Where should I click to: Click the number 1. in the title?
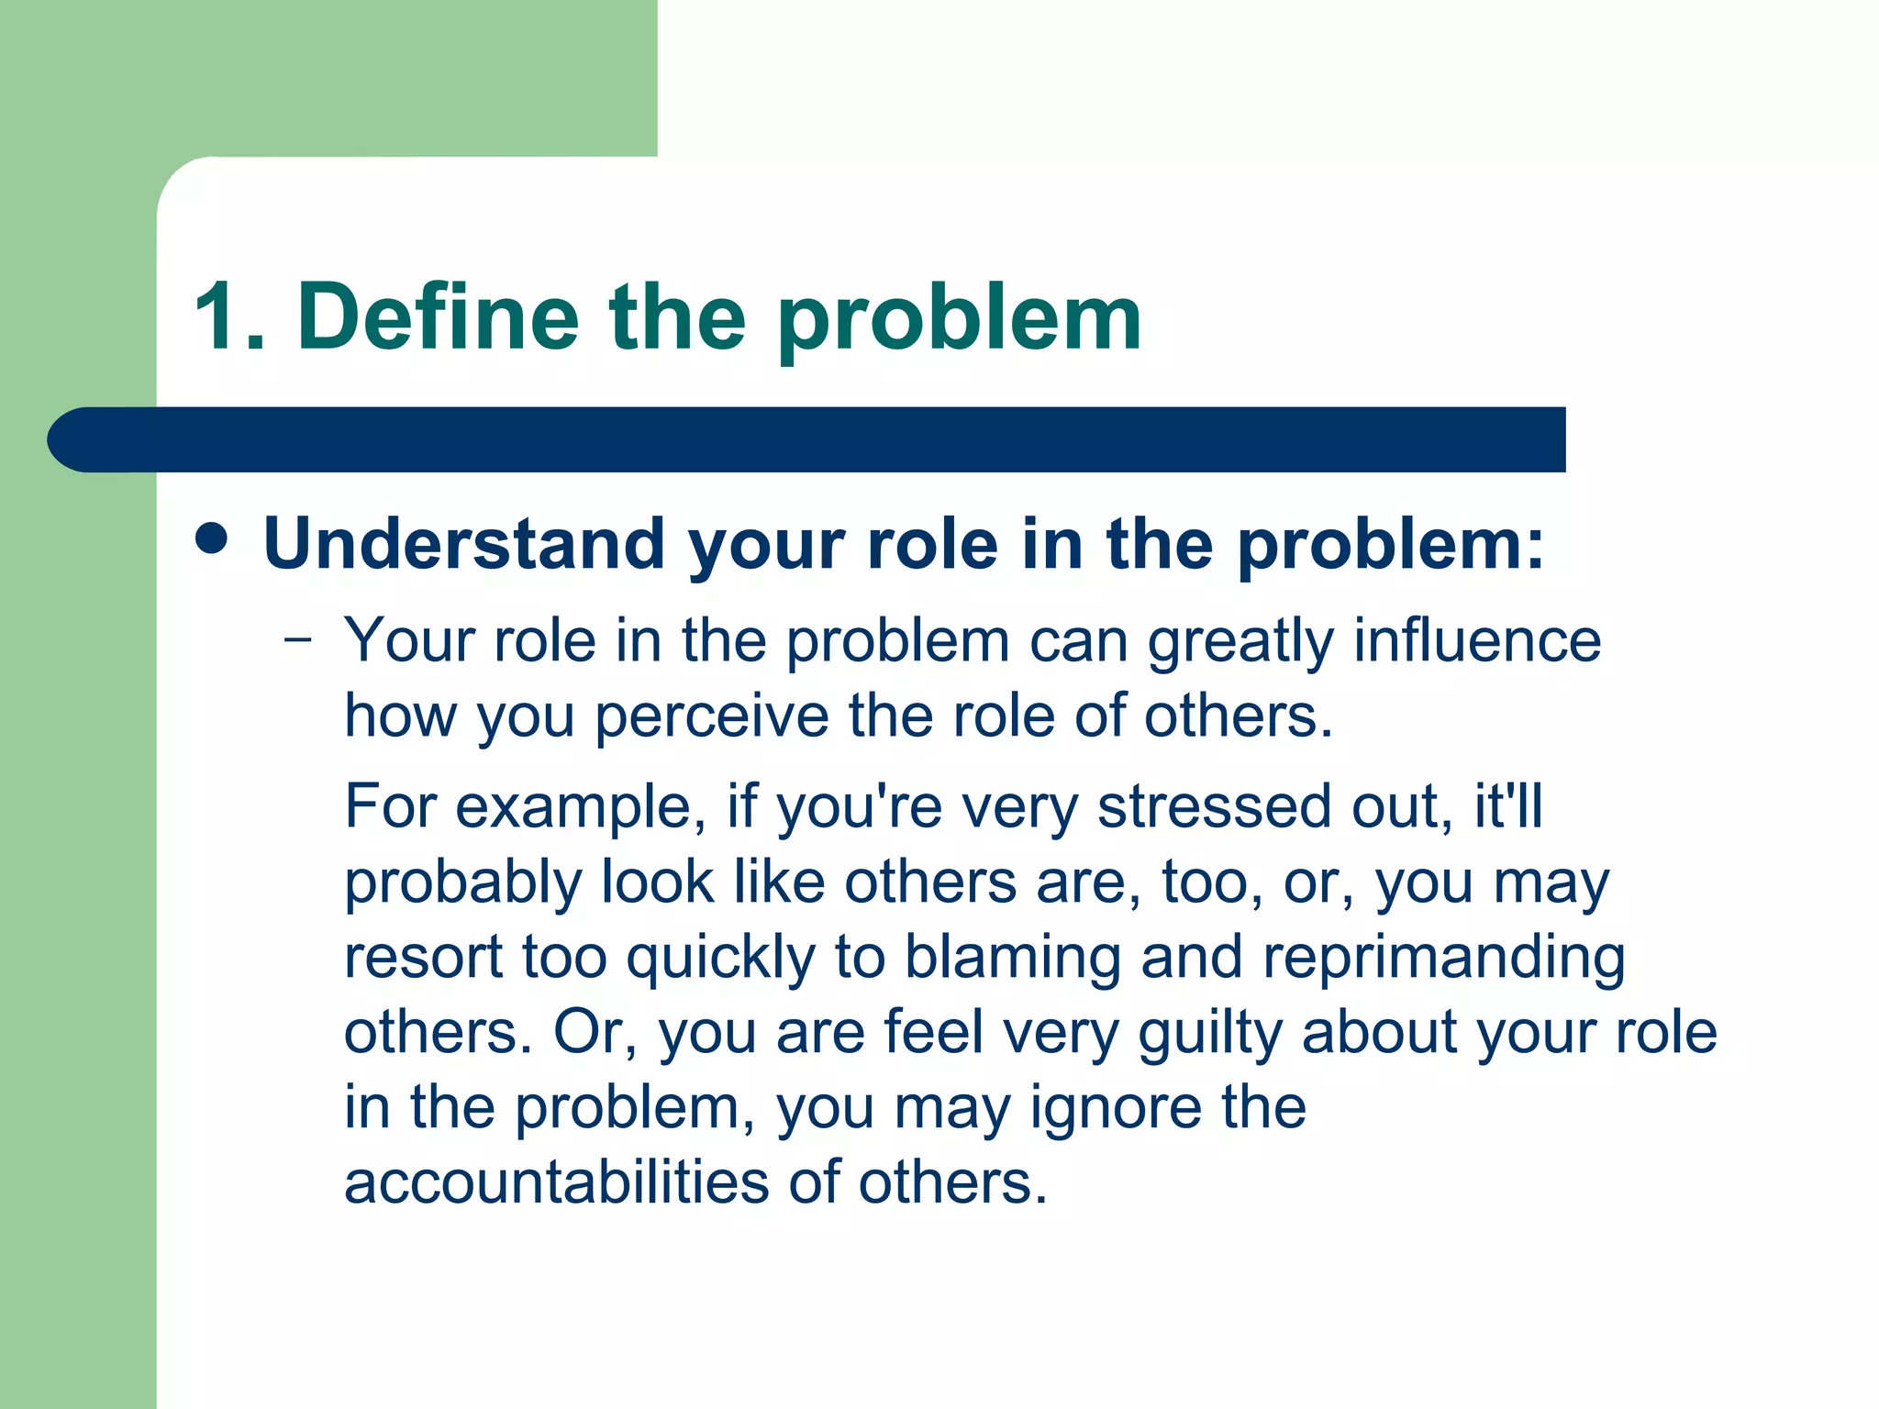coord(230,317)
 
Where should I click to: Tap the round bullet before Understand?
coord(212,539)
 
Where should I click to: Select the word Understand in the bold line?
coord(464,544)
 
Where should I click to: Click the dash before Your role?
coord(298,638)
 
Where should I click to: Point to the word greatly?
coord(1240,642)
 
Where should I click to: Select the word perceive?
coord(712,717)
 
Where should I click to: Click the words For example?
coord(517,807)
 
